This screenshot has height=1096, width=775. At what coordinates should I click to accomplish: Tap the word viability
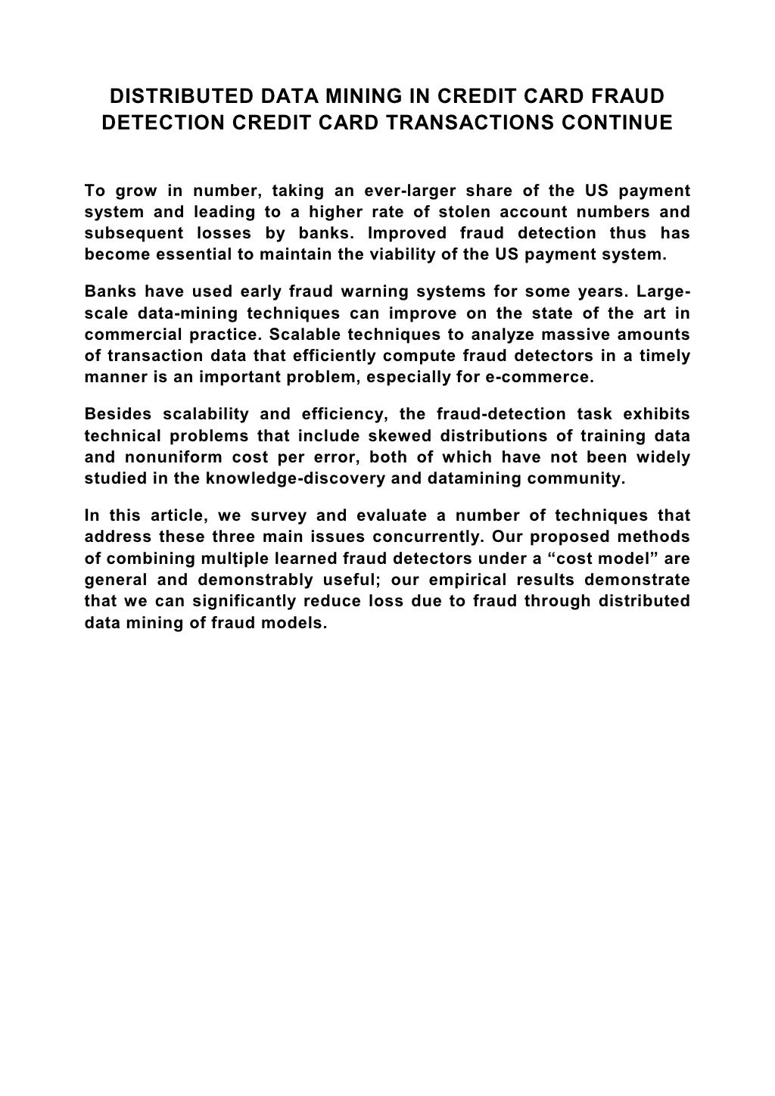point(403,255)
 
